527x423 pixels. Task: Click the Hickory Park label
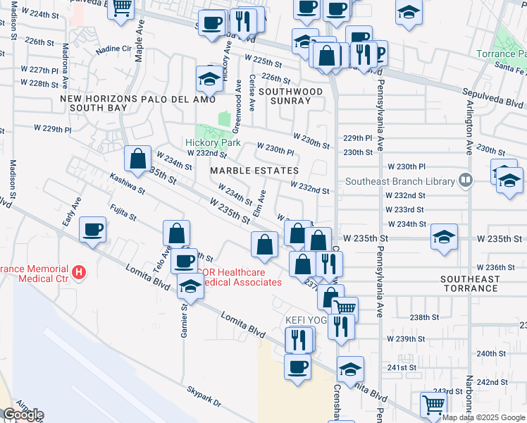213,142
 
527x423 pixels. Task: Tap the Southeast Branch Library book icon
464,180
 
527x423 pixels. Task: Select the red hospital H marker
80,271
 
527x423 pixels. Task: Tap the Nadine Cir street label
113,49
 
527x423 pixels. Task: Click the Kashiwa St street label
127,186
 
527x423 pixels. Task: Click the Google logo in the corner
23,415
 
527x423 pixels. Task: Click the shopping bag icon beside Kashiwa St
138,158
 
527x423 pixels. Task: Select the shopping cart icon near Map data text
433,405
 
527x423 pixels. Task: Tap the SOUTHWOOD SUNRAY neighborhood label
290,97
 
